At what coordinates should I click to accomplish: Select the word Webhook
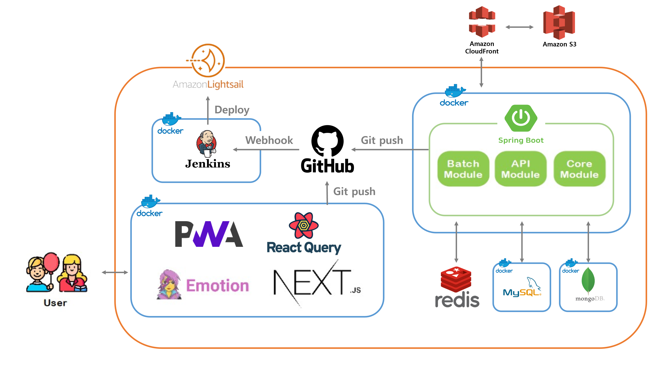(x=269, y=140)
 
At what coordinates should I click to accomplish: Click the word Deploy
(x=232, y=110)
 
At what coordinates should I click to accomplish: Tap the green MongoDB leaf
(x=588, y=280)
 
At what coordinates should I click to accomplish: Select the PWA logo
(x=209, y=234)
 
